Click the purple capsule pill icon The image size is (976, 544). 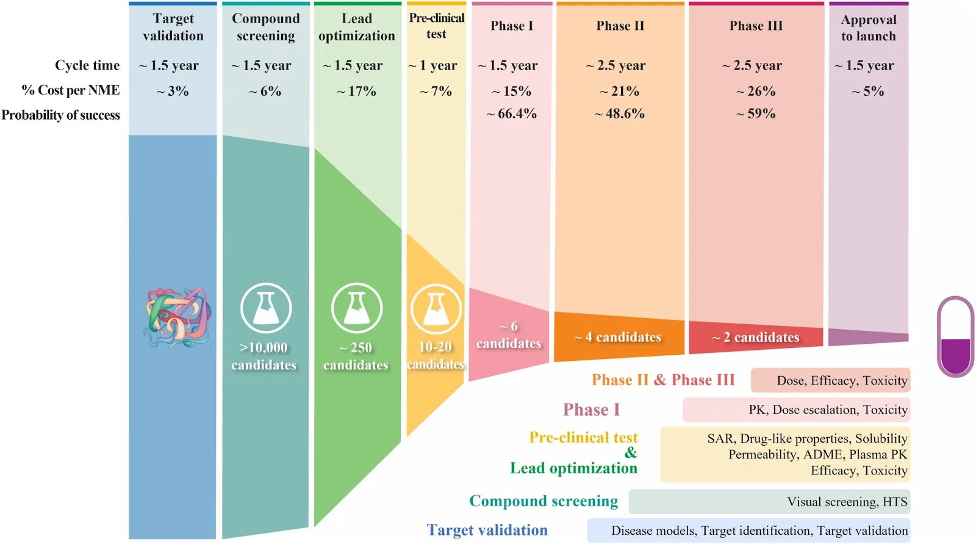click(x=955, y=336)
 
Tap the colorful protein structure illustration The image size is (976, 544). click(x=178, y=317)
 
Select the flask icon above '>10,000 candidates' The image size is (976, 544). click(x=265, y=308)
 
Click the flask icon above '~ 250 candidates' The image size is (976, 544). click(x=357, y=308)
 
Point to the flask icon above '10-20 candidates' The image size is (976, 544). click(x=436, y=309)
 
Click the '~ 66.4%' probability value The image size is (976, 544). click(x=512, y=114)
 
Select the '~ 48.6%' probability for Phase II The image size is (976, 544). click(x=620, y=114)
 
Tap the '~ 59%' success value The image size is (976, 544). click(x=756, y=114)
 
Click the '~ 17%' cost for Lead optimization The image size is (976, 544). click(x=357, y=91)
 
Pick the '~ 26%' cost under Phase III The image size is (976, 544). click(x=756, y=91)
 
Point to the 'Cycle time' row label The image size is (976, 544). click(x=87, y=65)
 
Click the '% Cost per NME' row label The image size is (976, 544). click(x=71, y=90)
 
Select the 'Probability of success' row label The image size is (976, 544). click(x=60, y=115)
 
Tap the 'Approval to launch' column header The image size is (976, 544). click(x=869, y=28)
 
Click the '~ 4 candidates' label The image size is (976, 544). click(x=618, y=337)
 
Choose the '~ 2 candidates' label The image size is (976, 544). click(x=756, y=337)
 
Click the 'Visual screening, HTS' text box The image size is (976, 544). click(x=769, y=502)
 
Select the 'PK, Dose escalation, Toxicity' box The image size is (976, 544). click(x=796, y=410)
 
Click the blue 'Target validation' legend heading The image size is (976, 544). click(x=487, y=530)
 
